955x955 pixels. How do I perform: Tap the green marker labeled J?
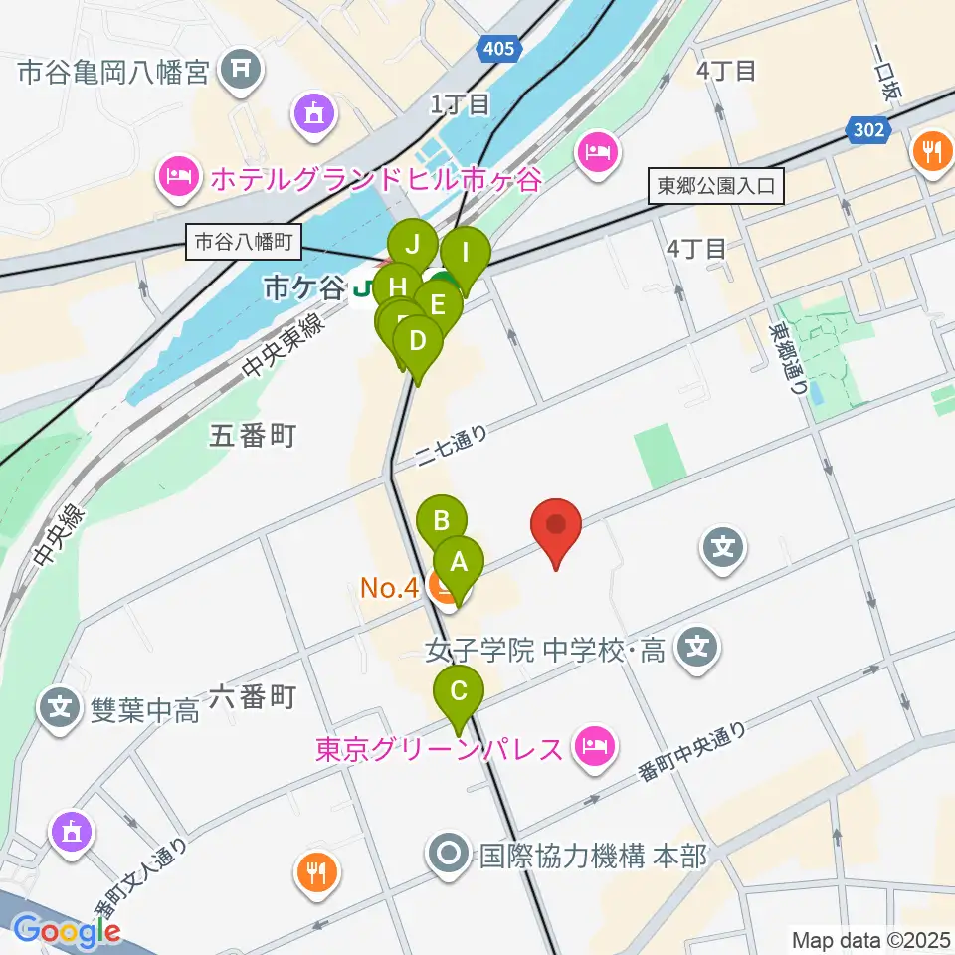click(413, 244)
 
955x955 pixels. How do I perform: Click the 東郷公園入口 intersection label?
click(716, 186)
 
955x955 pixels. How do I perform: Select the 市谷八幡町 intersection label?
click(243, 242)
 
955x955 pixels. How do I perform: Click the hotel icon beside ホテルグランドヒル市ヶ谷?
click(179, 179)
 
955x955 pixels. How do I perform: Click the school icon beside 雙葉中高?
click(61, 709)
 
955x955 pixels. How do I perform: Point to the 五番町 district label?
click(253, 435)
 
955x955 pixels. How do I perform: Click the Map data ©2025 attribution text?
click(869, 939)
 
